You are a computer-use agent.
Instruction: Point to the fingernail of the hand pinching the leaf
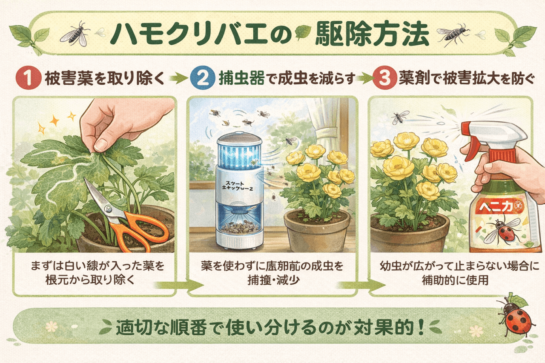tap(102, 144)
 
